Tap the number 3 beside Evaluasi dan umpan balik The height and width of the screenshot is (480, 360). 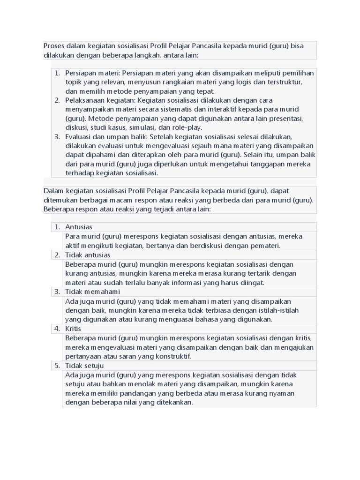57,136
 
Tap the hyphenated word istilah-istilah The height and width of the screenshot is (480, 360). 287,310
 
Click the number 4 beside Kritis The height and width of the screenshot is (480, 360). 57,329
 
